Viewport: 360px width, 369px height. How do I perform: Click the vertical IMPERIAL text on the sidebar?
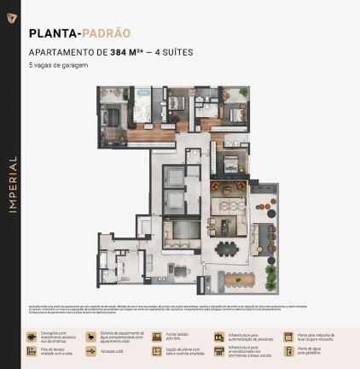(x=10, y=184)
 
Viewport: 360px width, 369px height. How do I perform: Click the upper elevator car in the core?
(x=173, y=176)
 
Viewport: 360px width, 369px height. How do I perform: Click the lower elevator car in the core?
(x=173, y=202)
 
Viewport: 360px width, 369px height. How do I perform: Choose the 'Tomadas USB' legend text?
(x=112, y=350)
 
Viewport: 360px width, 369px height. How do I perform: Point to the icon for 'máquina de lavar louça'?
(x=288, y=336)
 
